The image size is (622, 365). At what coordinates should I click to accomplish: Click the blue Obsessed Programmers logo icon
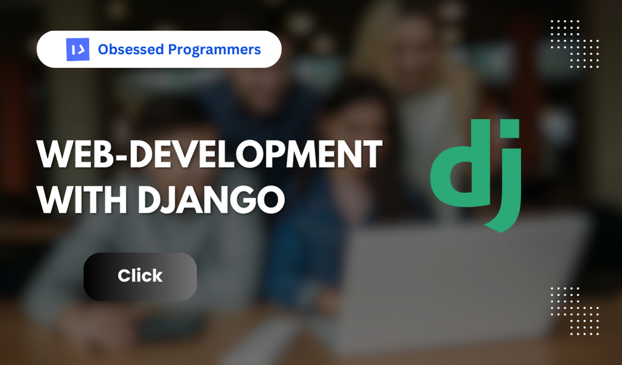pyautogui.click(x=77, y=49)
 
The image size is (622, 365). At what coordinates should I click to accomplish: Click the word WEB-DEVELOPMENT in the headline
pyautogui.click(x=209, y=155)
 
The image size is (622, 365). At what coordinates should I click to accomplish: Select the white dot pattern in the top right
pyautogui.click(x=574, y=44)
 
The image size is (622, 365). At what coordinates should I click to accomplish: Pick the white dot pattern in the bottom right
pyautogui.click(x=574, y=311)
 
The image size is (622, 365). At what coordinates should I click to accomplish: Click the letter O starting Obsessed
pyautogui.click(x=103, y=49)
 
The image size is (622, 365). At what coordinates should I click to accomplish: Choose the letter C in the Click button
pyautogui.click(x=123, y=276)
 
